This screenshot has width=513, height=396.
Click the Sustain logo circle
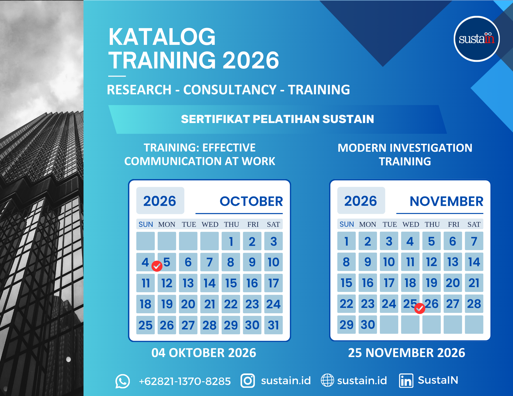pos(477,39)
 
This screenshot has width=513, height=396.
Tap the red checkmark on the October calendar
pos(157,266)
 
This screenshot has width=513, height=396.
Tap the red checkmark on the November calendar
pos(420,308)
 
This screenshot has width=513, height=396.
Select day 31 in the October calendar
pos(273,325)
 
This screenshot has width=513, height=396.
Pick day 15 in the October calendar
pos(231,283)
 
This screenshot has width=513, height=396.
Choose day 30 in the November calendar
pos(368,324)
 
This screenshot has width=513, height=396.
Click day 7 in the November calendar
pos(474,241)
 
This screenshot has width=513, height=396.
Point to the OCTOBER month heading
pos(251,201)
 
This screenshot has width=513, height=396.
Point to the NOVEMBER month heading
pos(446,201)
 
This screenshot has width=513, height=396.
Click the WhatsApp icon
pos(123,381)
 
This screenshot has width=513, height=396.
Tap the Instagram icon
pos(248,381)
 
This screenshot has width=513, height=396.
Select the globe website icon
pos(328,380)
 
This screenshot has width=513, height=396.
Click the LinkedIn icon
pos(406,381)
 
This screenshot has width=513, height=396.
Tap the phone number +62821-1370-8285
pos(185,381)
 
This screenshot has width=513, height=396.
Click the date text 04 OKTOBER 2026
pos(204,353)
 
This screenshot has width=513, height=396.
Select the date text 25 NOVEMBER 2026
pos(407,353)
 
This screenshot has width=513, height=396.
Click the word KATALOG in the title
pos(162,37)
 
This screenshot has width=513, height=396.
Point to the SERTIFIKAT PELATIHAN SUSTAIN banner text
pos(278,119)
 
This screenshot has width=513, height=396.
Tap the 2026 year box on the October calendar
pos(160,200)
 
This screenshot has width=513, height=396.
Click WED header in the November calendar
pos(411,224)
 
